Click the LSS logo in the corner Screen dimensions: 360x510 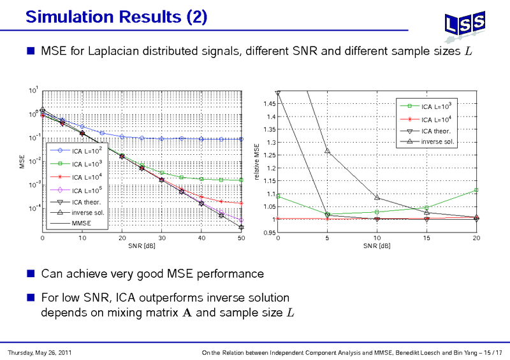[463, 25]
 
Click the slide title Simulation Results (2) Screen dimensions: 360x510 [116, 16]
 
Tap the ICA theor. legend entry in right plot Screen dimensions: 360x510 [437, 131]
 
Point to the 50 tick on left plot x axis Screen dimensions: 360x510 [241, 238]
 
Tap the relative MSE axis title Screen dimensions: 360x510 [257, 162]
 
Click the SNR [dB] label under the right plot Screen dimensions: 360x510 [377, 246]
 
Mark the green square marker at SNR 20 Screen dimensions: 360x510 [476, 190]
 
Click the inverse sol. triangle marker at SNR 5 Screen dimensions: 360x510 [327, 151]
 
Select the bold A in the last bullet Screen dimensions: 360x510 [200, 313]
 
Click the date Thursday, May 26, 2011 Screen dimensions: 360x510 [35, 352]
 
